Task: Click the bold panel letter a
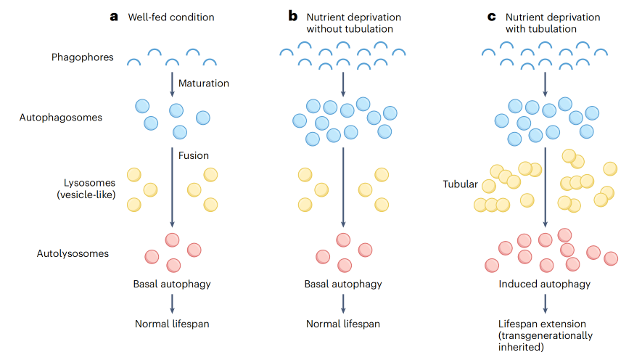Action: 114,17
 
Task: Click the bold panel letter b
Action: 292,17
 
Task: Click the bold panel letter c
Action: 491,17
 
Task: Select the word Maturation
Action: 203,83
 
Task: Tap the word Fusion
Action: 194,155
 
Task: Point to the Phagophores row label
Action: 82,57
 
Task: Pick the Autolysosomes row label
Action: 73,253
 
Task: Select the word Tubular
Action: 460,184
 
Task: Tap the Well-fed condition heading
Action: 171,17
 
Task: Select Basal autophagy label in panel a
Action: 172,284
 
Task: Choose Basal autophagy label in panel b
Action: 343,284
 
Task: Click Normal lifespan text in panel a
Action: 172,324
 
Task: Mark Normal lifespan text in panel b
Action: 343,324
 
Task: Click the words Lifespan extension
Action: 541,324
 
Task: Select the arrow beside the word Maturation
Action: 172,83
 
